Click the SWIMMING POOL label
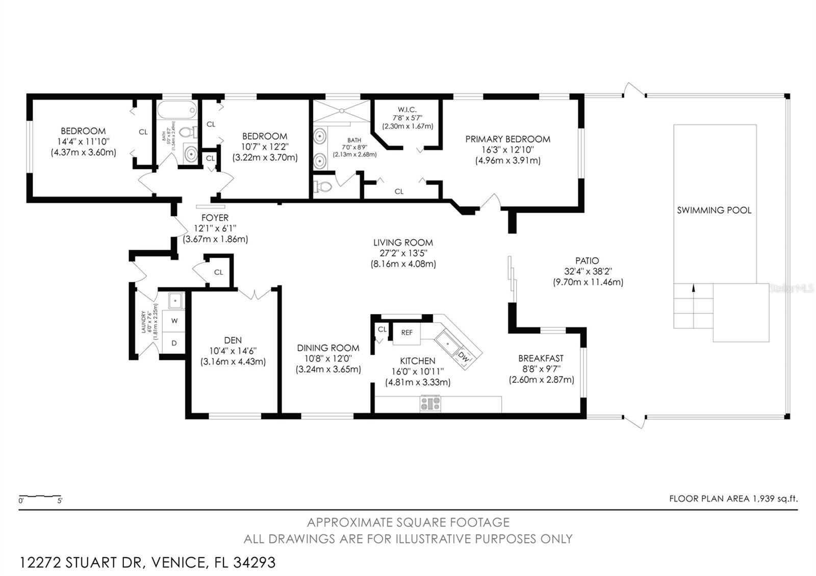[714, 210]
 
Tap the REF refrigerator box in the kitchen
[406, 333]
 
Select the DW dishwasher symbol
[463, 357]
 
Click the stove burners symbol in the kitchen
[430, 404]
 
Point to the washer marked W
[174, 321]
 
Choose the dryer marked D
[174, 343]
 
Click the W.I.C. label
[407, 110]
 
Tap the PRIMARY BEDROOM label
[507, 139]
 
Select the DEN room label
[233, 340]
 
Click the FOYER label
[215, 218]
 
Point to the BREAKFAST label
[541, 358]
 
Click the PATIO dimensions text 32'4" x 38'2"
[588, 271]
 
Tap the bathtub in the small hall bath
[176, 110]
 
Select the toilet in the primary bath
[322, 187]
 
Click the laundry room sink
[176, 301]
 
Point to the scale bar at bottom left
[40, 496]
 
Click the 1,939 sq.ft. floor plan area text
[775, 499]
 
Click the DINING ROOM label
[328, 348]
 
